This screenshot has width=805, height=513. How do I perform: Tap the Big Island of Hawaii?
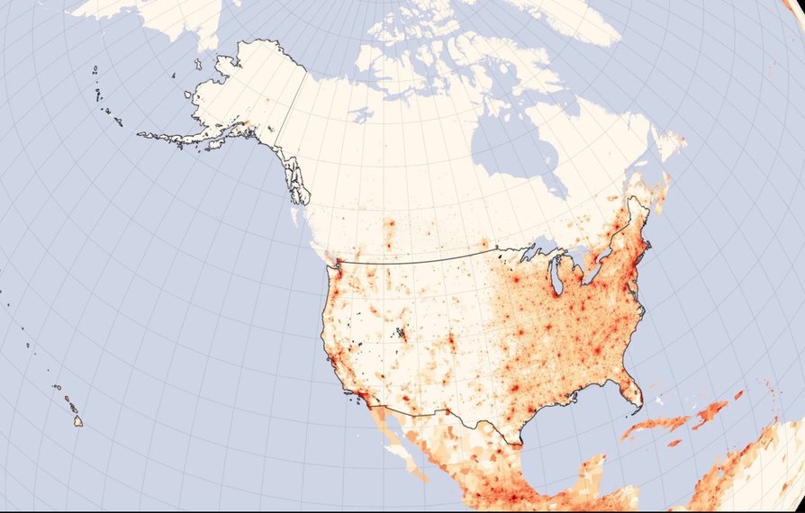pos(77,420)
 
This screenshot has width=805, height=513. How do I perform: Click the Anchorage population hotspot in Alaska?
pos(241,122)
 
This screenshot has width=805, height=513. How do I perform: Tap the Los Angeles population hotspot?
pos(360,392)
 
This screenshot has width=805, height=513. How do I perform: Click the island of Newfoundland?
pos(669,144)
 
